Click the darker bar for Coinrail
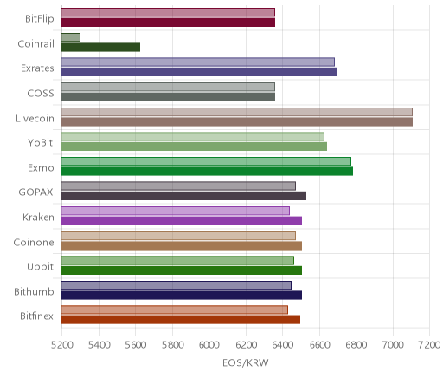(100, 48)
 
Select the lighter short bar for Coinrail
(71, 37)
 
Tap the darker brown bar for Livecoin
(237, 121)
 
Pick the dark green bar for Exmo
(207, 171)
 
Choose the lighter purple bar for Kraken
(176, 211)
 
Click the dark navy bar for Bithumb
(182, 295)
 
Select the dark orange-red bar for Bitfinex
(181, 320)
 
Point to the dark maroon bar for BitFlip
(168, 23)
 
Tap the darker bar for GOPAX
(183, 196)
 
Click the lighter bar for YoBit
(193, 137)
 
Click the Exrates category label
(37, 68)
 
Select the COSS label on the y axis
(41, 94)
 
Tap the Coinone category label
(34, 242)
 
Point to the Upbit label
(40, 267)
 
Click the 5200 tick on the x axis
(61, 345)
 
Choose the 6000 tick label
(209, 345)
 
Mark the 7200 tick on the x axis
(430, 345)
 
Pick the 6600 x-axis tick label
(319, 345)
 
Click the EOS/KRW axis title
(246, 362)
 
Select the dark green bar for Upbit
(182, 270)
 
